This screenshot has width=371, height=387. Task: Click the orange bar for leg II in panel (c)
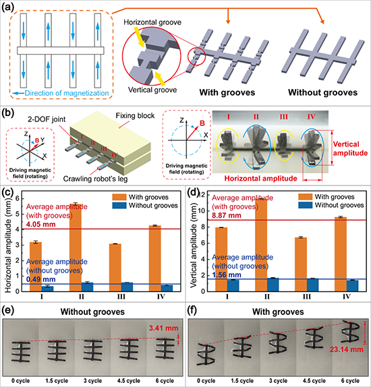click(x=76, y=247)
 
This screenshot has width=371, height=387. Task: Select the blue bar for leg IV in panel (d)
click(x=352, y=286)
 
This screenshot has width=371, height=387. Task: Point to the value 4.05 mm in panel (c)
click(x=41, y=225)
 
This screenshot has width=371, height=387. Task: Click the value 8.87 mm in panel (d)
click(x=227, y=216)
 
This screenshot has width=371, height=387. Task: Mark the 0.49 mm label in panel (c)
click(x=41, y=279)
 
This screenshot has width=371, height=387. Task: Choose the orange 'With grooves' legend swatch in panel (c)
click(x=119, y=197)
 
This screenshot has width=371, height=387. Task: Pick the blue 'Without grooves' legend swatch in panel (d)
click(x=306, y=205)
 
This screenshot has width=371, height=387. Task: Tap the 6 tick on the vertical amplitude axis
click(x=203, y=243)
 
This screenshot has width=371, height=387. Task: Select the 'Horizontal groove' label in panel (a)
click(x=152, y=22)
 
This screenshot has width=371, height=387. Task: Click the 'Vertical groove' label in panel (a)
click(x=152, y=90)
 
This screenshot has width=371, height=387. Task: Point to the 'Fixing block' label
click(x=135, y=115)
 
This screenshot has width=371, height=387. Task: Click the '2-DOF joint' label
click(x=47, y=119)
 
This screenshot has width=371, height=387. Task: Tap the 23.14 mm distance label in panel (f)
click(x=347, y=349)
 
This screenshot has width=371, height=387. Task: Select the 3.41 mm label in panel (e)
click(x=163, y=328)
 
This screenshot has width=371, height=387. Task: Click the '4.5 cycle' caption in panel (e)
click(x=129, y=381)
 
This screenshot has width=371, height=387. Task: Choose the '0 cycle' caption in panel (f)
click(x=206, y=381)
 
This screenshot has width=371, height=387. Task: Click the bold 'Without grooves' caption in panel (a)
click(x=323, y=92)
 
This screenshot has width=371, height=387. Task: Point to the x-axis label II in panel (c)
click(x=82, y=297)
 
